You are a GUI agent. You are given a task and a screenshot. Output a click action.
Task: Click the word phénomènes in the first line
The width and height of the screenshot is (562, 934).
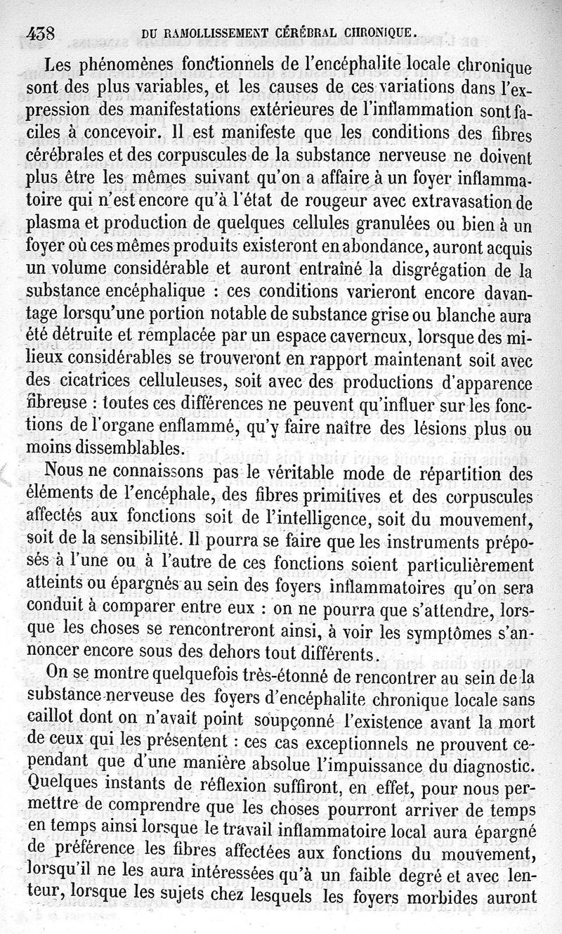tap(127, 66)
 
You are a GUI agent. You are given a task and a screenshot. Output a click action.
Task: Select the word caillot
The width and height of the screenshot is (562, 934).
tap(50, 721)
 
